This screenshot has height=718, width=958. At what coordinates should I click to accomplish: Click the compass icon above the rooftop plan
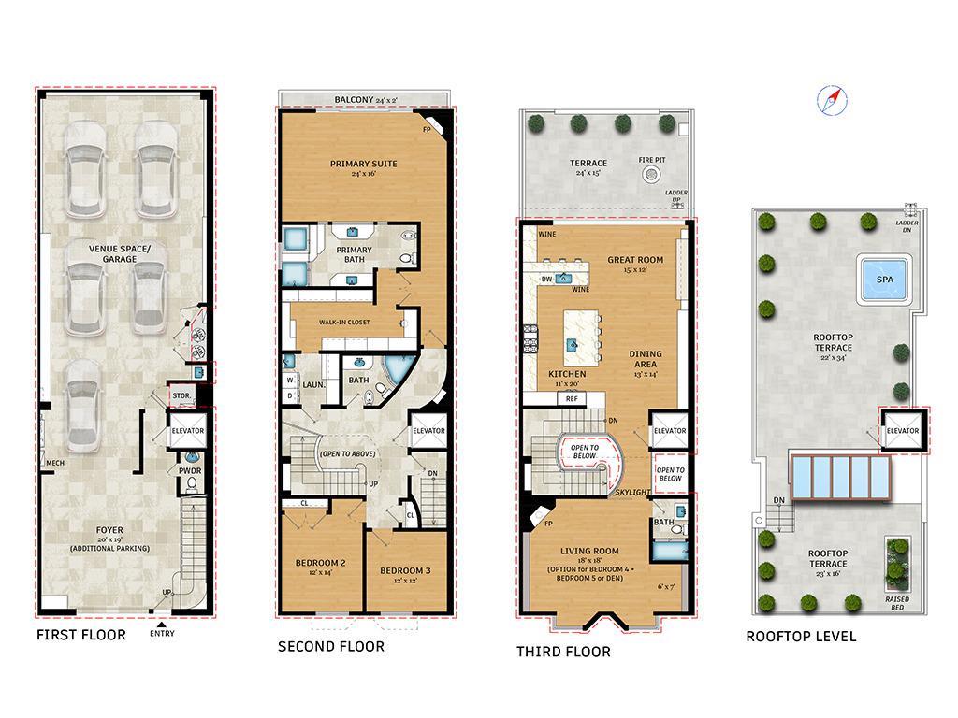coord(829,100)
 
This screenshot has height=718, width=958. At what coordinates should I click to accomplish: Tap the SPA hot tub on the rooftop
coord(883,280)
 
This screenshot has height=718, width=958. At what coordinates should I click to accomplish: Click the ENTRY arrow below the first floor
coord(162,625)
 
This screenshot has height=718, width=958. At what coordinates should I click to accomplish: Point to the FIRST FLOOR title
coord(80,636)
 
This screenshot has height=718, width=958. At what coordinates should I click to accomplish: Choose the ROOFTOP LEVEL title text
coord(800,637)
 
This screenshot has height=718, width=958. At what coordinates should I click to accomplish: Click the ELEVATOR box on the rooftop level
coord(903,430)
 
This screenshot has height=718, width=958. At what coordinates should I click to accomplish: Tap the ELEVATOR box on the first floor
coord(187,431)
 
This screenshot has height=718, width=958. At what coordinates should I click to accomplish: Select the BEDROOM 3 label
coord(405,570)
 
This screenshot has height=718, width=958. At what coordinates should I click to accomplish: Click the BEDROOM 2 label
coord(321,563)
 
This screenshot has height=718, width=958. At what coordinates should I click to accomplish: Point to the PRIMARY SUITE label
coord(363,164)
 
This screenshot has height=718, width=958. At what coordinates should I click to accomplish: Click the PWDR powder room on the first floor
coord(190,470)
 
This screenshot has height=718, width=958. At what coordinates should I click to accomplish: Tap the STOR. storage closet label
coord(181,395)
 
